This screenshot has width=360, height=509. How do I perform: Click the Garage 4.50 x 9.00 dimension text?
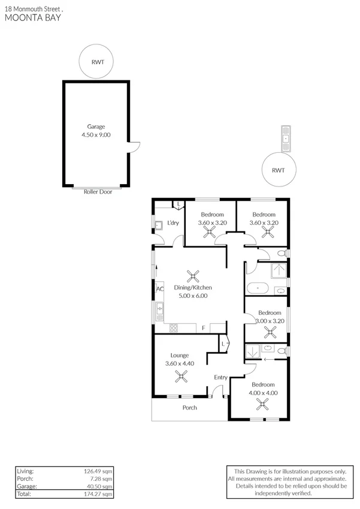(96, 135)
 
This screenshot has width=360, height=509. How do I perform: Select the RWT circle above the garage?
(96, 61)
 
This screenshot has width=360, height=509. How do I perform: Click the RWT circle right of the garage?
(279, 170)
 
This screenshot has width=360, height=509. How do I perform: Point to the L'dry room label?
(173, 224)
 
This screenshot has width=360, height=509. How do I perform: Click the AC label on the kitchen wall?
(160, 289)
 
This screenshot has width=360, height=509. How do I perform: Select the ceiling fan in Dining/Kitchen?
(193, 276)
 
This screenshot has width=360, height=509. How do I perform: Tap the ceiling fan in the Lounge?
(180, 376)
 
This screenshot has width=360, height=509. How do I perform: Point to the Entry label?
(221, 377)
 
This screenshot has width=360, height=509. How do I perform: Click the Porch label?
(190, 408)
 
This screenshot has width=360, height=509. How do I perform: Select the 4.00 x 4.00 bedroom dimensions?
(264, 393)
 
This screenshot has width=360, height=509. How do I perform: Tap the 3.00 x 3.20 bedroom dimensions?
(270, 321)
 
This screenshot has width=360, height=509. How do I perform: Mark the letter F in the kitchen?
(204, 328)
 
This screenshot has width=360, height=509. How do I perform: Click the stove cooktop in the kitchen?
(174, 328)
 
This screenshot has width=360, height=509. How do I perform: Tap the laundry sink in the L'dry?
(159, 227)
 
